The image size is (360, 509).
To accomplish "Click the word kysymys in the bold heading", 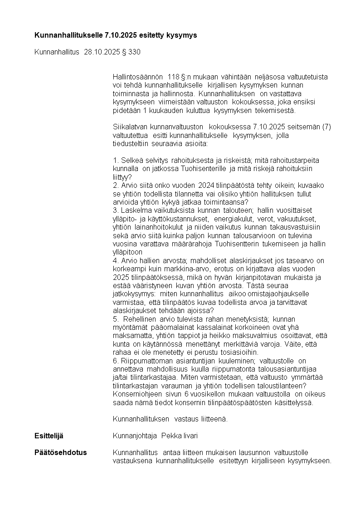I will point(182,35).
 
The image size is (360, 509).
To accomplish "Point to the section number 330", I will point(134,52).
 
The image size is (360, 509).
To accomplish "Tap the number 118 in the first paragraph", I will point(174,77).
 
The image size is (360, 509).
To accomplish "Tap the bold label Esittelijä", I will point(49,436).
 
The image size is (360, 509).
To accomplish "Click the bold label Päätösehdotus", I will point(61,453).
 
